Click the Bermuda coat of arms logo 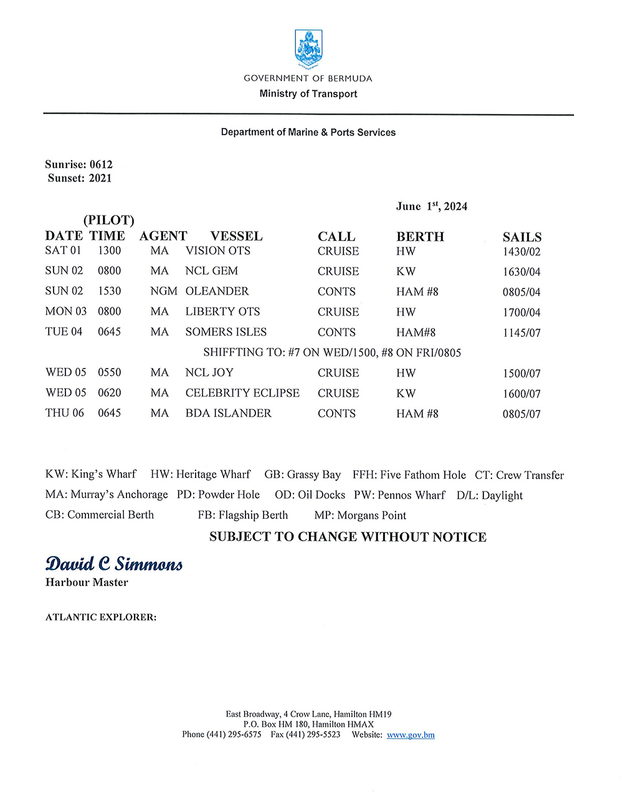308,49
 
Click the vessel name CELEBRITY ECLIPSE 242,393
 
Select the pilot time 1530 109,291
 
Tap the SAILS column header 522,237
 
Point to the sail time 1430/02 521,252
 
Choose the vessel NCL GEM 211,271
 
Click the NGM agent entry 163,291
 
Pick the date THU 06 64,413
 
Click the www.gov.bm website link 411,735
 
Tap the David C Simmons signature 114,564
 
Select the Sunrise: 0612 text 78,164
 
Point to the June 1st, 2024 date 431,207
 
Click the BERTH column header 420,237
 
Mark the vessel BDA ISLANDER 228,414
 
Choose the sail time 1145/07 521,333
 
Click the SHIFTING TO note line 332,353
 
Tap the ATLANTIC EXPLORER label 101,617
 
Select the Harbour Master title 87,582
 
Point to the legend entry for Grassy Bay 302,475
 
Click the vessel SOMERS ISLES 226,332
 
